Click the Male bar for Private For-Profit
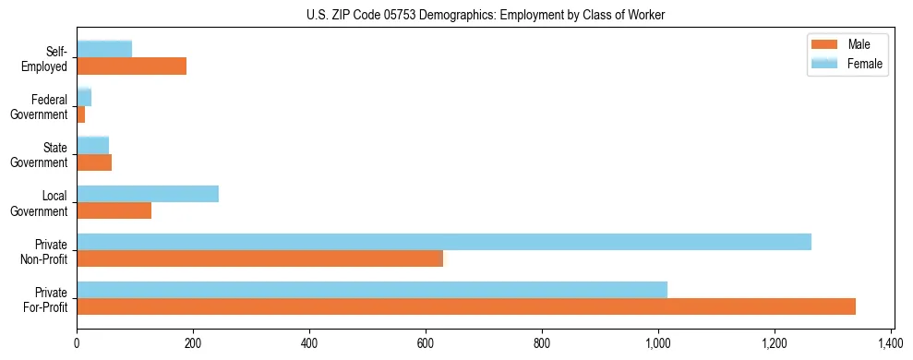[x=466, y=306]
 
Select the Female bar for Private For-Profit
[x=372, y=290]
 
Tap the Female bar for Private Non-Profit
[x=444, y=242]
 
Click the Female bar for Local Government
[x=148, y=194]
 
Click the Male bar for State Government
[x=94, y=162]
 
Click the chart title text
[x=485, y=15]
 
